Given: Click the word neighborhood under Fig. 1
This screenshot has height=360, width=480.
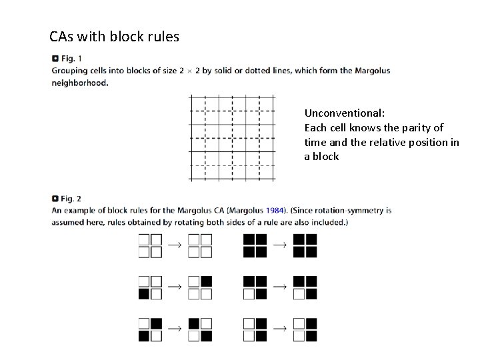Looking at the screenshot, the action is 79,83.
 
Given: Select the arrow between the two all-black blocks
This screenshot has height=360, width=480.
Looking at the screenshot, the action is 279,245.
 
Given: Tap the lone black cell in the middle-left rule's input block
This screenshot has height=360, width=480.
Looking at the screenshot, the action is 144,294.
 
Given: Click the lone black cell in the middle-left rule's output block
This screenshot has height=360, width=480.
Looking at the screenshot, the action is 206,281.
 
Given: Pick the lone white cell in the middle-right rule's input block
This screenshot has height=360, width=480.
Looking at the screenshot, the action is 249,294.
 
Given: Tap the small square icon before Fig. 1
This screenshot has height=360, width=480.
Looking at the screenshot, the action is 55,59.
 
